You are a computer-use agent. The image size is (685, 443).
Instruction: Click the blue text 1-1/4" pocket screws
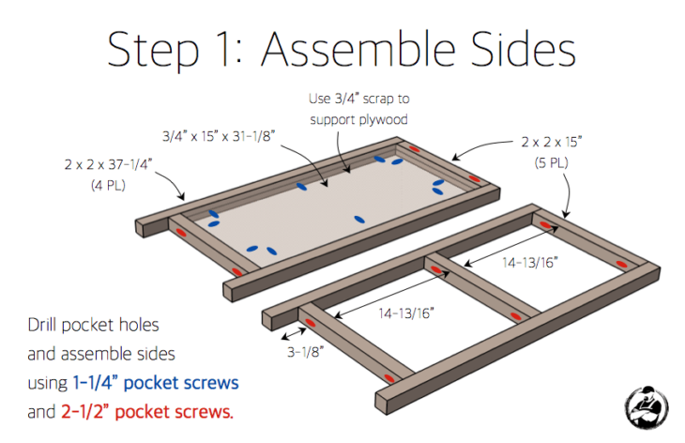click(x=154, y=383)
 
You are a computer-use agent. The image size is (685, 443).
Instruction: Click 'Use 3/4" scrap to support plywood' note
click(x=358, y=107)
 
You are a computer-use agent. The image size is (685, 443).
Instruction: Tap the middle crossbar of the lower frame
click(x=479, y=291)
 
